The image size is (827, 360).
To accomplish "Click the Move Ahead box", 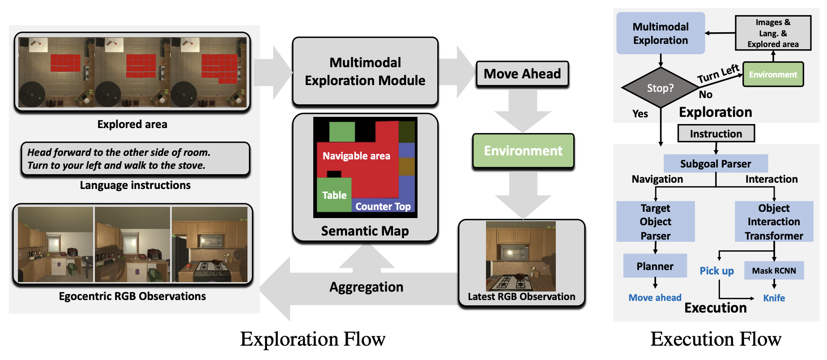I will pyautogui.click(x=522, y=74).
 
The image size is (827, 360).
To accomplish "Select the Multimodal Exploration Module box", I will pyautogui.click(x=365, y=72).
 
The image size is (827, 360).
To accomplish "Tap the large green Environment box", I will pyautogui.click(x=523, y=151).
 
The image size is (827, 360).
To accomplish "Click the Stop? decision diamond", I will pyautogui.click(x=660, y=88).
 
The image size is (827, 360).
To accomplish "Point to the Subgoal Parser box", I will pyautogui.click(x=716, y=163).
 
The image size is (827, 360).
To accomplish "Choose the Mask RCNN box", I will pyautogui.click(x=774, y=270).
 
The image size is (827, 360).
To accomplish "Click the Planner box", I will pyautogui.click(x=655, y=266).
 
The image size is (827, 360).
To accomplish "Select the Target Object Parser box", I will pyautogui.click(x=655, y=222).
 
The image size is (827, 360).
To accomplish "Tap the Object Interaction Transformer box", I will pyautogui.click(x=774, y=222).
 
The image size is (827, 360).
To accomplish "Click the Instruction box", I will pyautogui.click(x=716, y=133).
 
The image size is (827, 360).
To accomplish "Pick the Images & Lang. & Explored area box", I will pyautogui.click(x=773, y=33).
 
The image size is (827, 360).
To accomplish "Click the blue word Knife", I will pyautogui.click(x=774, y=298).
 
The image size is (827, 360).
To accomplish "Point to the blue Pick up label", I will pyautogui.click(x=716, y=271).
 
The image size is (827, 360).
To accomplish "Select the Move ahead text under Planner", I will pyautogui.click(x=655, y=298).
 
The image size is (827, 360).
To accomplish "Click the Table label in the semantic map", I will pyautogui.click(x=334, y=195).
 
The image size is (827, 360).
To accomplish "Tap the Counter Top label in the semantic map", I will pyautogui.click(x=383, y=206).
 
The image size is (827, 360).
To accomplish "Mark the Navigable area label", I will pyautogui.click(x=356, y=156).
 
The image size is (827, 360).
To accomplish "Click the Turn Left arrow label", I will pyautogui.click(x=718, y=73).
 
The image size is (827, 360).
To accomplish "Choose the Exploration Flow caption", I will pyautogui.click(x=312, y=339).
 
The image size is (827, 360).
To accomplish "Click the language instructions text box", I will pyautogui.click(x=135, y=159).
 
